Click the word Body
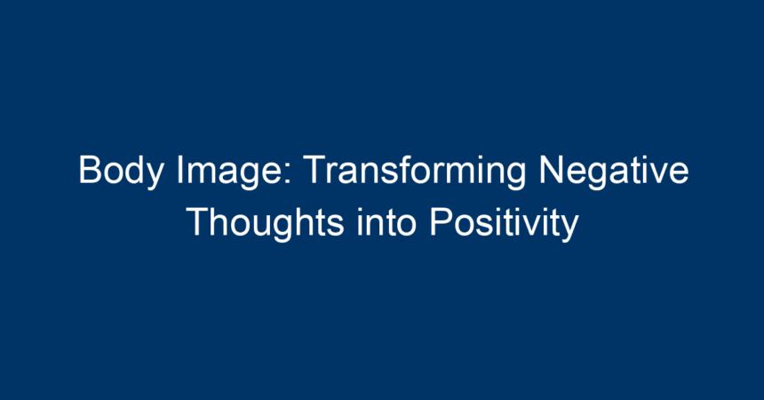coord(121,172)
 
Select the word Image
coord(234,172)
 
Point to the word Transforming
coord(415,172)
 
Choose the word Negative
coord(614,172)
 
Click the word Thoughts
coord(266,223)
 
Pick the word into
coord(386,222)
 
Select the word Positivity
coord(504,223)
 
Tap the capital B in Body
coord(91,169)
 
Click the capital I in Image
coord(180,169)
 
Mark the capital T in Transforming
coord(314,169)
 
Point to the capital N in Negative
coord(551,169)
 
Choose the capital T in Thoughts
coord(198,221)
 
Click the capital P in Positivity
coord(441,221)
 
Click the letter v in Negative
coord(661,173)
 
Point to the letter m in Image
coord(203,173)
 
